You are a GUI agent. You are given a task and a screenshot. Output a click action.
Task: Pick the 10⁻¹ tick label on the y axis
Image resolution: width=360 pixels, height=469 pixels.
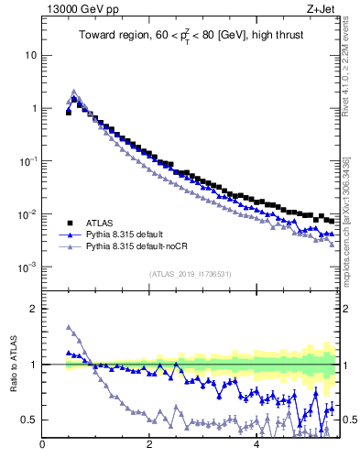coord(28,160)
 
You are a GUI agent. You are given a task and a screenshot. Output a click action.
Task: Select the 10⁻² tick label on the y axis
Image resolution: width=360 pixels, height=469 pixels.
coord(28,213)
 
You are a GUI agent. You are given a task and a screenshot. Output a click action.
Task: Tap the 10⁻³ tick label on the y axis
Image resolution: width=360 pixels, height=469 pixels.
coord(28,267)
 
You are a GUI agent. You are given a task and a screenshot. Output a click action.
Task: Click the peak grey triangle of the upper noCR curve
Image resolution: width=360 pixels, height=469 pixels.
coord(74,92)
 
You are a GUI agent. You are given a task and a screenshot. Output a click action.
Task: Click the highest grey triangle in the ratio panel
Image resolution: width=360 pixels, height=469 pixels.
coord(69,327)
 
